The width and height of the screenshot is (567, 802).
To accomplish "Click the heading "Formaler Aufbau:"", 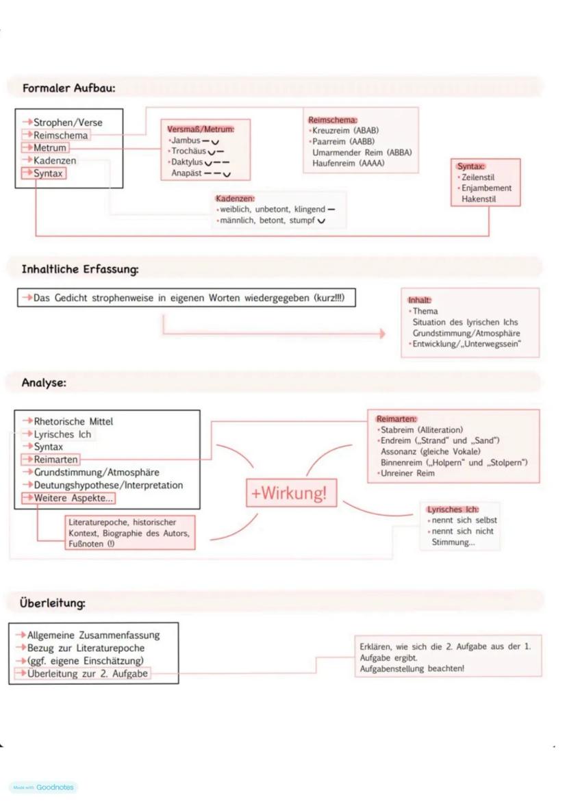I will coord(68,88).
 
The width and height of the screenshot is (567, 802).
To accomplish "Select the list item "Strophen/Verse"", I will coord(68,123).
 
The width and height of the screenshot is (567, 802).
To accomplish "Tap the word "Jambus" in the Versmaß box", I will coord(186,140).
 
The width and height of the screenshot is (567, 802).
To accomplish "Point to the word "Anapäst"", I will coord(186,173).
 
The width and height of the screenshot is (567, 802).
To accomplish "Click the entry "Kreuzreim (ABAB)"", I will coord(345,130).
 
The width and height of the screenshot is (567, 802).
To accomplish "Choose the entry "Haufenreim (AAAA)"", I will coord(349,163).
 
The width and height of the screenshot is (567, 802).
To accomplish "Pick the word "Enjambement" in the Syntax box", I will coord(486,188).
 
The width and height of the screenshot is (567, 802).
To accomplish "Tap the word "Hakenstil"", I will coord(479,199).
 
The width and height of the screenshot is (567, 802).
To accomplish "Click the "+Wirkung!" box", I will coord(292,493).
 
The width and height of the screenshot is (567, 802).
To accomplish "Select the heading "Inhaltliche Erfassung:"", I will coord(80,269).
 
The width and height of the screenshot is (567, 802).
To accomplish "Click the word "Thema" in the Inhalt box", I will coord(425,311).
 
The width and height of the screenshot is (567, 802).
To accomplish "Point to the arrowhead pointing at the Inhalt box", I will coord(382,334).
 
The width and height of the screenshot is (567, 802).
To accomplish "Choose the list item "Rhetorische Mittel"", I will coord(73,421).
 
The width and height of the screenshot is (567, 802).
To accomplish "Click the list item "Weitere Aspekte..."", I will coord(73,498).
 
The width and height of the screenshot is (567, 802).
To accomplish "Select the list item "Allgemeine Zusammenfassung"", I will coord(93,635).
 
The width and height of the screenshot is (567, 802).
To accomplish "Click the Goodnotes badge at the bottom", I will coord(44,787).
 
